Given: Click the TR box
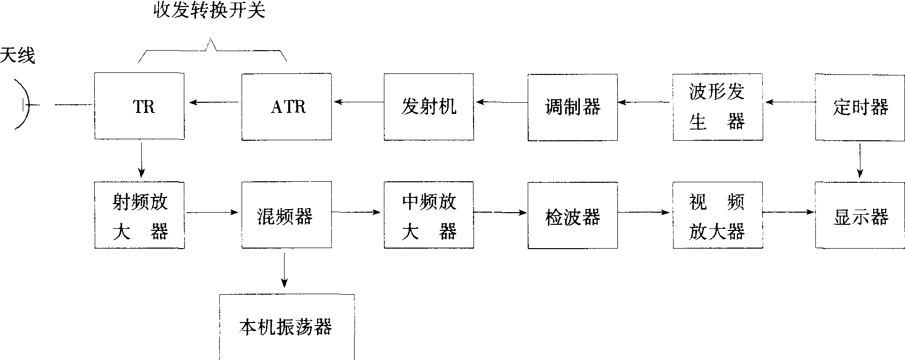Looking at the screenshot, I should tap(139, 106).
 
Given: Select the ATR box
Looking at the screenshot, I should tap(287, 106).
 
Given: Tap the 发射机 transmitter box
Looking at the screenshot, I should tap(428, 106).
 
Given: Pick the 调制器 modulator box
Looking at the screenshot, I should tap(572, 106).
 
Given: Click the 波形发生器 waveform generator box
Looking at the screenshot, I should tap(718, 107).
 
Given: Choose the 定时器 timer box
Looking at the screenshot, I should tap(860, 107).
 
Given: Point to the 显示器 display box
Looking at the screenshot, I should tap(860, 216).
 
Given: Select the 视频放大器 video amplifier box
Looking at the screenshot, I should tap(718, 216).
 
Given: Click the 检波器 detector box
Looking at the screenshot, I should tap(572, 216).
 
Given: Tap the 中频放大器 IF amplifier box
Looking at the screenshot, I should tap(428, 216).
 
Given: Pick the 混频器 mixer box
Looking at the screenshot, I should tap(287, 216).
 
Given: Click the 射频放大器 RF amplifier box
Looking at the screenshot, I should tap(139, 216).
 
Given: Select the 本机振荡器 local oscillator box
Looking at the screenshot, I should tap(287, 327).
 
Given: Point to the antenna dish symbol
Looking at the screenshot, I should tap(23, 104).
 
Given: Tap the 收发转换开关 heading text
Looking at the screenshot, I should tap(210, 11).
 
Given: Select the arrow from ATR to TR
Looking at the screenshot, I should tap(213, 103).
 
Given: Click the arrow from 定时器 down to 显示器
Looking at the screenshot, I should tap(860, 161).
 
